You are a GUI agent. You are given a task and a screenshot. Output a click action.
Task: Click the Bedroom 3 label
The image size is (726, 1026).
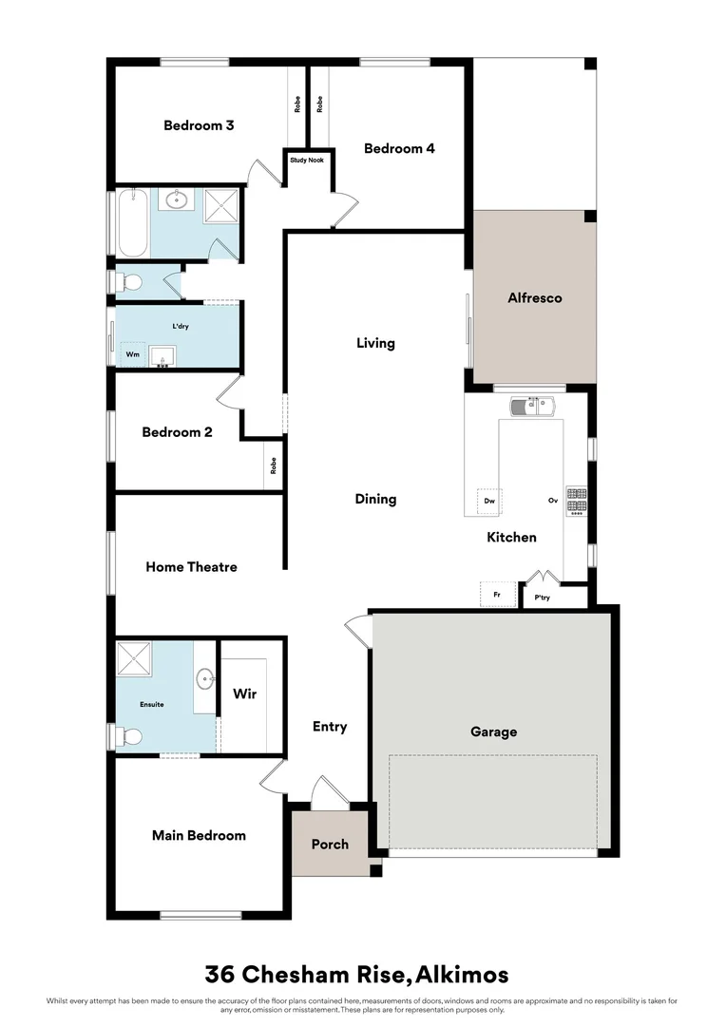point(199,125)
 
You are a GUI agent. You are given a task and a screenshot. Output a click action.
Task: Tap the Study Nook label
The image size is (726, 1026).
point(306,161)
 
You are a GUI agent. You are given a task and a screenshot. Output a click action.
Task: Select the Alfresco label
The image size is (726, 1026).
point(534,297)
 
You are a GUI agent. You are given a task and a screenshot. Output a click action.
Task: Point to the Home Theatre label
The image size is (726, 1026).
point(191,567)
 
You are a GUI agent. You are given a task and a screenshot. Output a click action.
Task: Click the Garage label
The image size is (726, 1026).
point(494,731)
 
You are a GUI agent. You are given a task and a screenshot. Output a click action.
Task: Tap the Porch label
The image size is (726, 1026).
point(330,844)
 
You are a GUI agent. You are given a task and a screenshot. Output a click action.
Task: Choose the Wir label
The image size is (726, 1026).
point(244,693)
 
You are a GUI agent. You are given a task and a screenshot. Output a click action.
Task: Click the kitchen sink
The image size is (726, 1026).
point(532,408)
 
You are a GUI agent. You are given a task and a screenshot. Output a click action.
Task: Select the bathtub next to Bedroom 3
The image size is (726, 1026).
point(132,223)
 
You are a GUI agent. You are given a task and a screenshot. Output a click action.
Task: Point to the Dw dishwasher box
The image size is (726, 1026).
point(489,501)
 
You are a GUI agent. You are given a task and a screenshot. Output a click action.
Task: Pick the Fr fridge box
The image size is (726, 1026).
point(496,596)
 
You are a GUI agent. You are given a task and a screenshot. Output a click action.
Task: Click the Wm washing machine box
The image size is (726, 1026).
point(132,354)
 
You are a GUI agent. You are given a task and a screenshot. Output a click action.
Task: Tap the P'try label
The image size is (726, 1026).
point(543,598)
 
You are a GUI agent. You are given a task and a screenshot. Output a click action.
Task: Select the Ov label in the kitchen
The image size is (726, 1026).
point(551,501)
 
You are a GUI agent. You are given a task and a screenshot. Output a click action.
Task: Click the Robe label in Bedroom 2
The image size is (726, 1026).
point(274,466)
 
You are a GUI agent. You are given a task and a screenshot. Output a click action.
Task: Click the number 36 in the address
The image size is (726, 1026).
point(220,975)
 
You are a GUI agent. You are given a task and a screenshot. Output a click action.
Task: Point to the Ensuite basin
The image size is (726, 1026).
point(205,678)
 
